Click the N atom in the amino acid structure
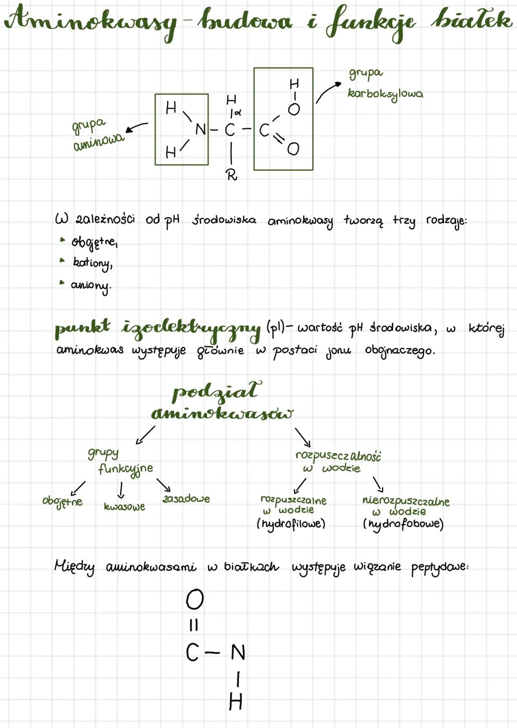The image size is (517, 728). [201, 129]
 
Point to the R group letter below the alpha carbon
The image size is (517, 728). [232, 176]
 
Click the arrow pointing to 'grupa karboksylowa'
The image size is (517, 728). [327, 91]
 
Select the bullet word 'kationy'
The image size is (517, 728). [92, 263]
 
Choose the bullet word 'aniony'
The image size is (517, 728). [91, 286]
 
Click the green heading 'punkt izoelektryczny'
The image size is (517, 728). [158, 329]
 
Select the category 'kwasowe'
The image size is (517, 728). [124, 507]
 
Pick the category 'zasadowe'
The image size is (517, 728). [186, 498]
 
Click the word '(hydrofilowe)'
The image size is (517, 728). [291, 524]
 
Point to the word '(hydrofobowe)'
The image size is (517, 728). [403, 524]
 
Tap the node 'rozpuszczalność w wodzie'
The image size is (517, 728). [337, 462]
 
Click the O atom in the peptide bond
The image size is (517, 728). [195, 599]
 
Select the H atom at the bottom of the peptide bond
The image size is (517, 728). [236, 702]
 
